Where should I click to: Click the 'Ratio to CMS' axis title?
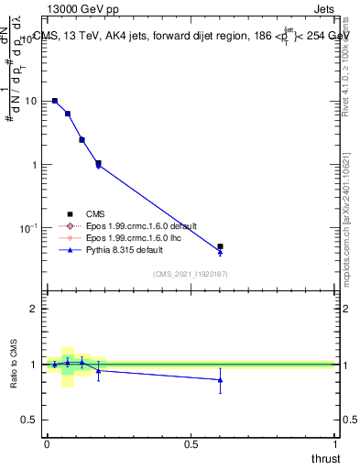coord(13,364)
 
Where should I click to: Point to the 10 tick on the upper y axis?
coord(35,102)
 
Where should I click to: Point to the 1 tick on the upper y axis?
coord(38,165)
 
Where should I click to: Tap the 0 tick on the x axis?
coord(47,444)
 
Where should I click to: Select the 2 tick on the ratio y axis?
coord(38,309)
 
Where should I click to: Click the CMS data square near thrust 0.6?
coord(220,246)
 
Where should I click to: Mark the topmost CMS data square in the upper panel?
coord(55,101)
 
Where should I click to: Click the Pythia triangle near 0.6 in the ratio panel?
coord(220,379)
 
